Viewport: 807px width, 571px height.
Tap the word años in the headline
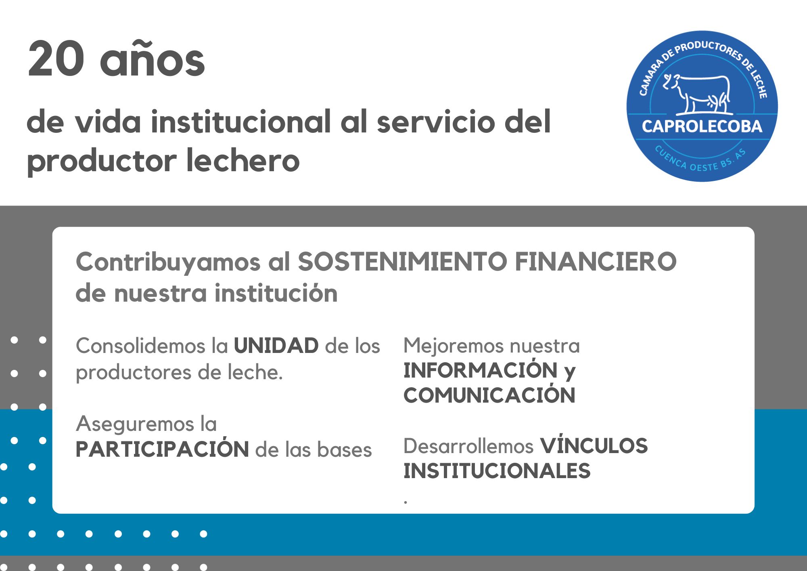click(x=153, y=61)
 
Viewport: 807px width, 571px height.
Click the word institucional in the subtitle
click(x=241, y=122)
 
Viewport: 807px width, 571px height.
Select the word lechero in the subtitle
click(x=243, y=161)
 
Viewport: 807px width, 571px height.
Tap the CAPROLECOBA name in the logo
click(x=702, y=126)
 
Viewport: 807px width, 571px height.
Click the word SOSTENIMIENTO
click(x=402, y=262)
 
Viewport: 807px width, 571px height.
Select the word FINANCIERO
click(x=596, y=262)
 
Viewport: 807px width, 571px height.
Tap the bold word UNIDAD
click(x=276, y=346)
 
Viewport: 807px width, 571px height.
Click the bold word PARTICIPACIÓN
click(x=162, y=449)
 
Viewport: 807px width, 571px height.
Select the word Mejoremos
click(x=453, y=346)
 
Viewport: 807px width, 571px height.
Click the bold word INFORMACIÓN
click(x=480, y=370)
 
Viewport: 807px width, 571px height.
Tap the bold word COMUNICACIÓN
click(x=489, y=395)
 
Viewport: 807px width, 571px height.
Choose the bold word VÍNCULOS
click(x=594, y=446)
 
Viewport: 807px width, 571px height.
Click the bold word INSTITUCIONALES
click(x=497, y=471)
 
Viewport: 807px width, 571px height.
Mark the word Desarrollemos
click(x=468, y=446)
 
